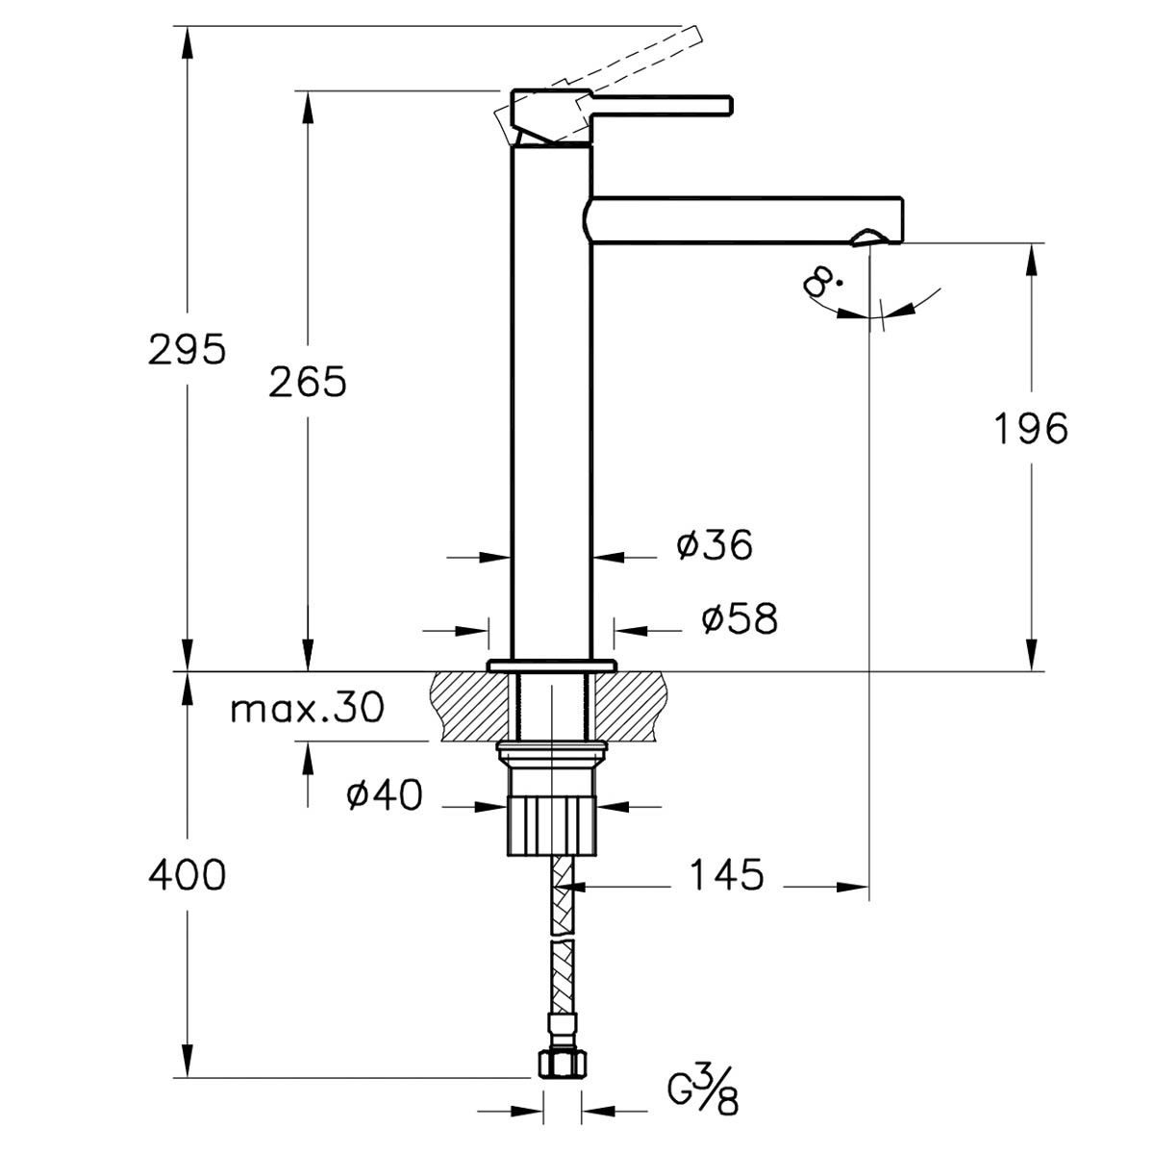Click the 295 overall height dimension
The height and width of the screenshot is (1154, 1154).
187,349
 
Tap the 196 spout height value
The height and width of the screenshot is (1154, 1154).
1031,429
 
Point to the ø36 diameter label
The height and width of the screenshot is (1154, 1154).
715,545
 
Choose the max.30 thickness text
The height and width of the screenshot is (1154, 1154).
307,710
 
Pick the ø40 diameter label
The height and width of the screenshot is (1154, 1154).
385,795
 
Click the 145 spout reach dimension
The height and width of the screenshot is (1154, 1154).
727,875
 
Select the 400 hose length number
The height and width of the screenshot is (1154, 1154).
187,875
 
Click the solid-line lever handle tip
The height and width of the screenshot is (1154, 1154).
729,105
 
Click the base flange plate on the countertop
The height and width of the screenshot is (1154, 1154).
552,665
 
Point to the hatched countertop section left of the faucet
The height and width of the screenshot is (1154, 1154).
470,706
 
